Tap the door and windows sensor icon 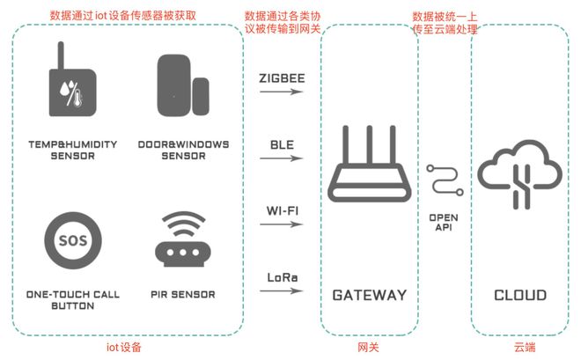[x=183, y=85]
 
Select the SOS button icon [x=73, y=240]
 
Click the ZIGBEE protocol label [x=282, y=78]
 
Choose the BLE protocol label [x=282, y=144]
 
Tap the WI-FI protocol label [x=283, y=210]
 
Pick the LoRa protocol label [x=283, y=277]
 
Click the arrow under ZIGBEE [x=282, y=92]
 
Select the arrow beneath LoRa [x=282, y=291]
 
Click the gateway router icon [x=370, y=164]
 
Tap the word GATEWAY [x=370, y=295]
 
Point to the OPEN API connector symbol [x=445, y=180]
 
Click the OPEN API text [x=444, y=222]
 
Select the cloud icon [x=520, y=174]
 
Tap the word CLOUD [x=520, y=295]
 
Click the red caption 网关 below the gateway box [x=368, y=348]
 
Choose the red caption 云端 [x=525, y=348]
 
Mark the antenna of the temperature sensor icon [x=61, y=55]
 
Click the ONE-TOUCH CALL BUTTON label [x=73, y=300]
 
